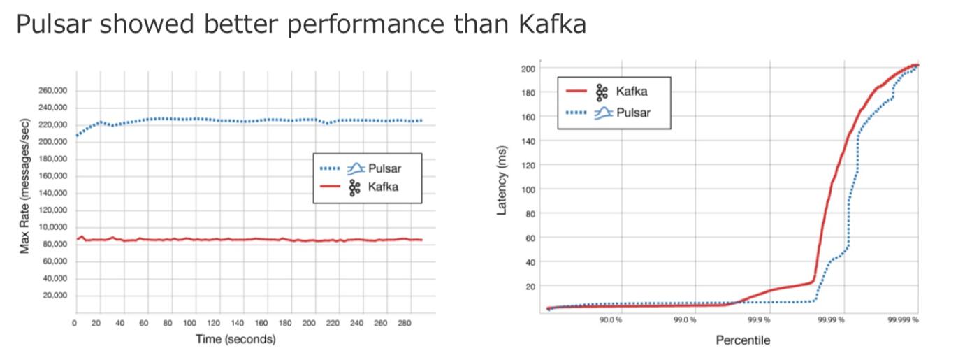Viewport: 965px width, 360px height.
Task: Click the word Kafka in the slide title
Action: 551,25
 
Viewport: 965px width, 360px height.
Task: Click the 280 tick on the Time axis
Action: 405,324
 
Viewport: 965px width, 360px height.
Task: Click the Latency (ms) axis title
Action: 501,185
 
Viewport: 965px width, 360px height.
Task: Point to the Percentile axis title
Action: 742,340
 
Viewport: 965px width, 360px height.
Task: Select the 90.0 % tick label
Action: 610,319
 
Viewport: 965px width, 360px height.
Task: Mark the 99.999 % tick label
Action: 903,319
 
